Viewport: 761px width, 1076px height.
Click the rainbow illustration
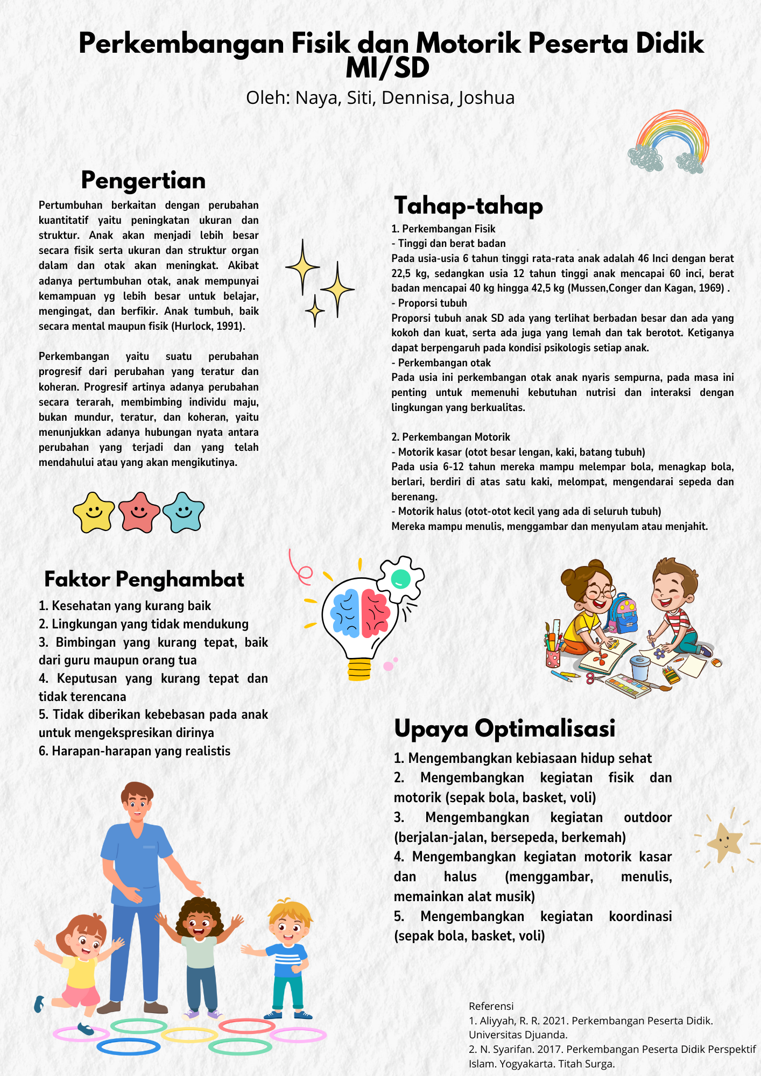669,141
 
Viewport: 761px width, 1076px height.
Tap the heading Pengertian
143,180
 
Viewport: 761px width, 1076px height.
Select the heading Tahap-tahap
468,206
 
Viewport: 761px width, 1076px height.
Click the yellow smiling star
94,512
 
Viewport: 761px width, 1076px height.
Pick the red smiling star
139,512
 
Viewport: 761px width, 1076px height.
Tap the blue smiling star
184,512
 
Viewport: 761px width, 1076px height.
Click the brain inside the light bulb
359,612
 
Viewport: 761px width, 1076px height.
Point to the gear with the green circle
400,578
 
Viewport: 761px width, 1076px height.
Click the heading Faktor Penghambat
144,579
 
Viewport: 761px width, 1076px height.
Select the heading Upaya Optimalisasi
504,728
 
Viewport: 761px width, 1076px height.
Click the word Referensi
491,1006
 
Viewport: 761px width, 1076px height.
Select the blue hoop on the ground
129,1046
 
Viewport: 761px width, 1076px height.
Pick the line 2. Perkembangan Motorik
450,437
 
